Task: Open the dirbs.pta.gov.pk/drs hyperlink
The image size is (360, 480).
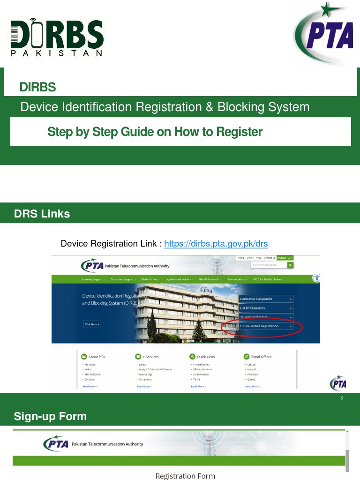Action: click(216, 244)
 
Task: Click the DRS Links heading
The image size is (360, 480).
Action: click(42, 214)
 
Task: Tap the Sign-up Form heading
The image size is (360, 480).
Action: click(50, 416)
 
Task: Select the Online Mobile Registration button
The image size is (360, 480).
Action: click(265, 326)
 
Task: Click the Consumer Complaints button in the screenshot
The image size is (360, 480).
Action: click(265, 299)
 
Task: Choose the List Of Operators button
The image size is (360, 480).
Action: click(265, 308)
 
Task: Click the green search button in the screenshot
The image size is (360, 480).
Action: click(291, 265)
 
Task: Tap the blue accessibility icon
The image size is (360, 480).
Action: click(317, 277)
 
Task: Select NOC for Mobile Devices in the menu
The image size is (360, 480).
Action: click(268, 279)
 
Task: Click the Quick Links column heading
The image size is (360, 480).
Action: click(205, 357)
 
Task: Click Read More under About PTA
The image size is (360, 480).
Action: click(90, 386)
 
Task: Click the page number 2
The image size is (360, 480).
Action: click(342, 399)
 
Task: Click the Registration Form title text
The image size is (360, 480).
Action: click(185, 476)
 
